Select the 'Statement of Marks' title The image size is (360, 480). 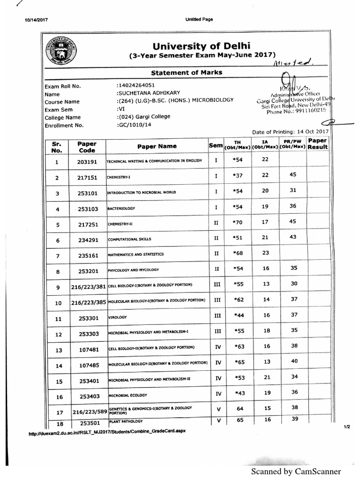point(186,72)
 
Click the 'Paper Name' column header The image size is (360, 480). point(157,146)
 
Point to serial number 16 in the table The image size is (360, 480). point(59,397)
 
